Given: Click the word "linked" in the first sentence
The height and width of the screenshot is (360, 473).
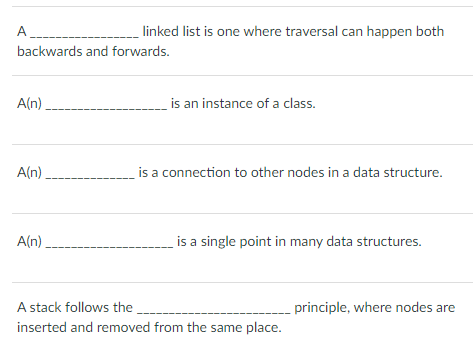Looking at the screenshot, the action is pos(163,31).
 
